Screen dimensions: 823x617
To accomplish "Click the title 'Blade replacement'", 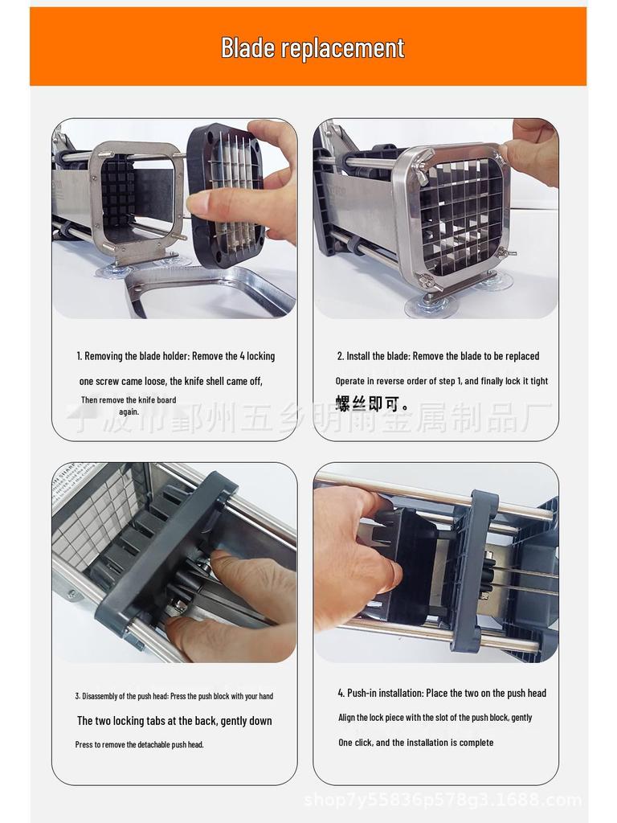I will (x=313, y=48).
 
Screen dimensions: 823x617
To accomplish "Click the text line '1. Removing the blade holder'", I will (x=175, y=356).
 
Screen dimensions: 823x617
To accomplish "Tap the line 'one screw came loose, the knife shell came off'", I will (x=170, y=381).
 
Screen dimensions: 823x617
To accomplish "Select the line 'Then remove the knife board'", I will (x=129, y=400).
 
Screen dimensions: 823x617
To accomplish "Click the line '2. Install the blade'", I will (x=438, y=356).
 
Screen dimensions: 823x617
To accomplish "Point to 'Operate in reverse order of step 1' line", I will (x=441, y=381).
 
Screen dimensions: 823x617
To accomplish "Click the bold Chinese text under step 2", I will (x=372, y=403).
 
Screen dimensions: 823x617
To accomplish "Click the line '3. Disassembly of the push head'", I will (x=174, y=696).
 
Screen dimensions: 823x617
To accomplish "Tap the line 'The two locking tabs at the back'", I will (x=174, y=721).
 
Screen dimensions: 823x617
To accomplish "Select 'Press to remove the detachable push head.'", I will (x=140, y=745).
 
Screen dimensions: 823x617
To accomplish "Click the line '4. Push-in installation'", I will (x=441, y=693).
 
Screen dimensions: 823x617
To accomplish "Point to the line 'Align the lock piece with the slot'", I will (x=435, y=718).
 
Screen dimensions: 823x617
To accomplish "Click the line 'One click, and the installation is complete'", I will (x=415, y=743).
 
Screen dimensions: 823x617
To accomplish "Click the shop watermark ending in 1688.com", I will (x=443, y=800).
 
